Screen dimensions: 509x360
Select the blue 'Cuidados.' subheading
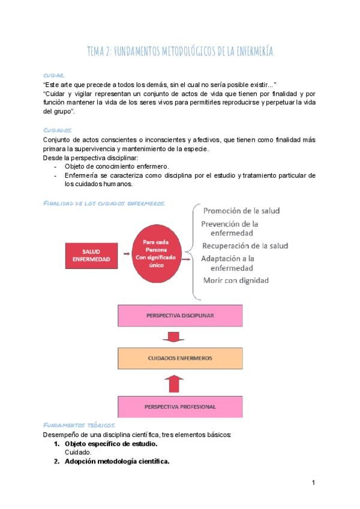click(x=57, y=130)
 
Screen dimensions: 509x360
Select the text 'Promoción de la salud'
click(x=241, y=211)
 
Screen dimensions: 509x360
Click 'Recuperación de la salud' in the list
click(x=245, y=246)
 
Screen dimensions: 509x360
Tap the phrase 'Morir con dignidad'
click(x=236, y=280)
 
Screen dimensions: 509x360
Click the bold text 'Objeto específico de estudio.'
click(x=111, y=444)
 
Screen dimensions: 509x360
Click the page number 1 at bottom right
click(x=313, y=482)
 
